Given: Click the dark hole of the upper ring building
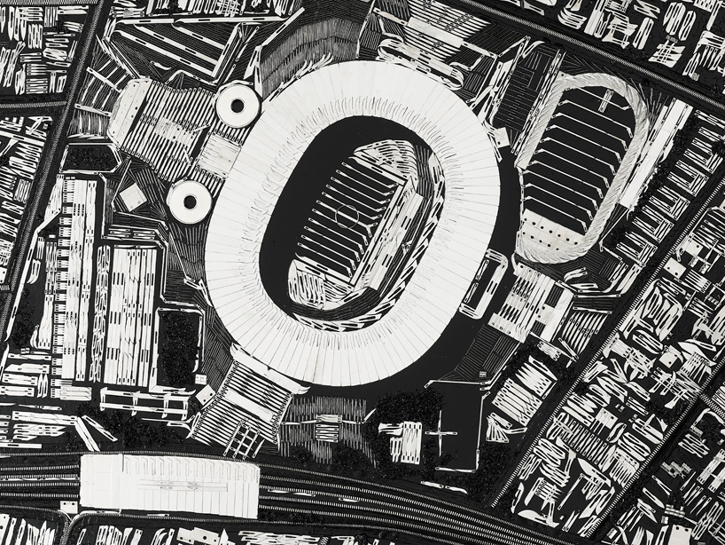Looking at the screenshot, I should [238, 106].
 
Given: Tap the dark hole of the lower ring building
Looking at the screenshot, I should [189, 201].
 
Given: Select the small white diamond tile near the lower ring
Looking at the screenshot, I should [133, 197].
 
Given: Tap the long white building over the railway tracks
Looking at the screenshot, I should [168, 485].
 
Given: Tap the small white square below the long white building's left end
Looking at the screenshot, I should [67, 507].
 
